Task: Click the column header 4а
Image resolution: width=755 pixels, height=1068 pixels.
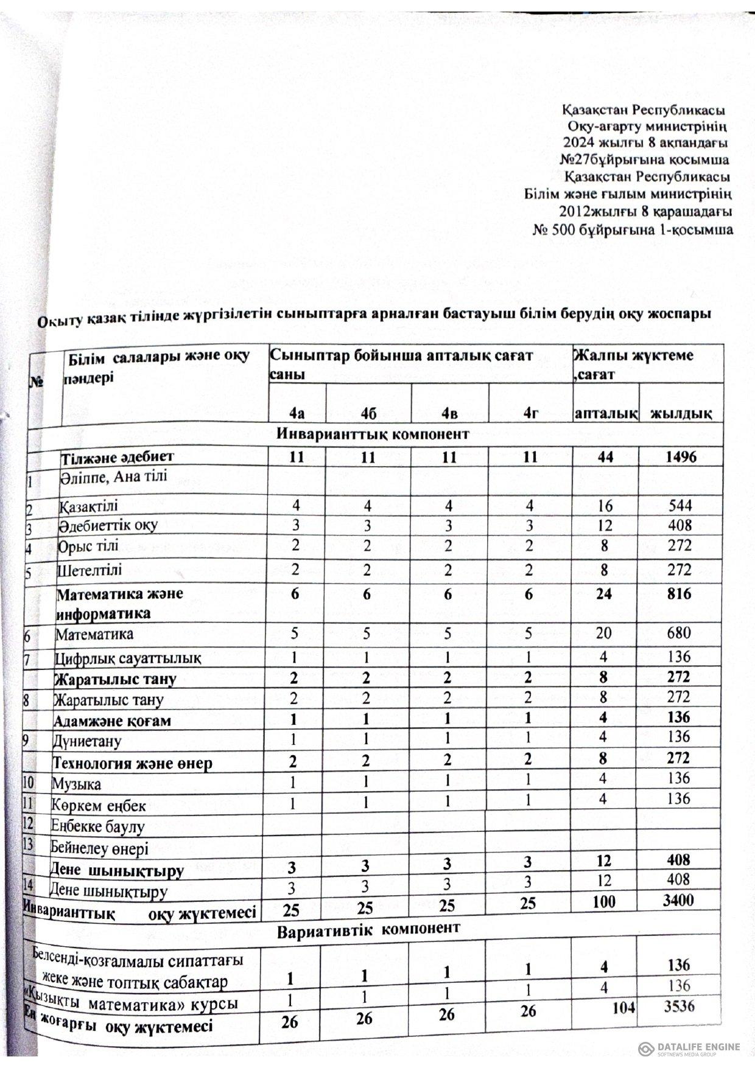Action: point(297,414)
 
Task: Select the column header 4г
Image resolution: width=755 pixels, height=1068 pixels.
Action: point(532,414)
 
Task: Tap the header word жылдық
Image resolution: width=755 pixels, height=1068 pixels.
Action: point(681,414)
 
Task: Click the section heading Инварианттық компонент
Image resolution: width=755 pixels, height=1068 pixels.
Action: point(373,435)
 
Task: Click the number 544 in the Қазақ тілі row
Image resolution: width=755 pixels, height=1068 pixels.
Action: point(679,506)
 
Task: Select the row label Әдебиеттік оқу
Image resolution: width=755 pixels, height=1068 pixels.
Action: point(108,525)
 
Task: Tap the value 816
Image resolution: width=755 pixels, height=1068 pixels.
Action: point(678,593)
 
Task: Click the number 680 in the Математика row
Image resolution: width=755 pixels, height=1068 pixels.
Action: point(678,633)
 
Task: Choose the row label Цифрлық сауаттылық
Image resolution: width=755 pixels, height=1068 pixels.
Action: point(128,658)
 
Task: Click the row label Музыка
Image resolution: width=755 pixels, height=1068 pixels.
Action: point(77,784)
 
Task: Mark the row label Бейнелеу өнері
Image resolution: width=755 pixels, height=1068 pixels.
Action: point(100,848)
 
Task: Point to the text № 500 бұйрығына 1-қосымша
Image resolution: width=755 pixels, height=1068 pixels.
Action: point(633,230)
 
